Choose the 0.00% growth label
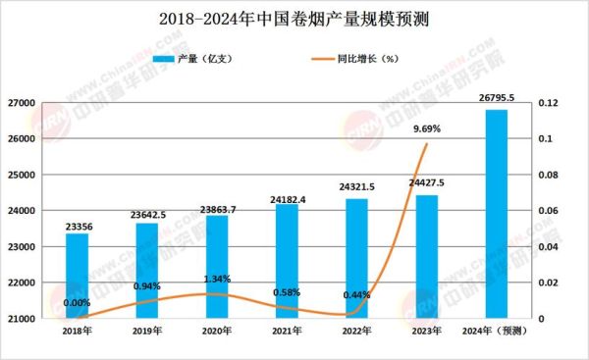click(77, 304)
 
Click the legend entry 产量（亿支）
click(210, 60)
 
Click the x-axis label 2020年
click(216, 332)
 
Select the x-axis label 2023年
click(426, 332)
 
